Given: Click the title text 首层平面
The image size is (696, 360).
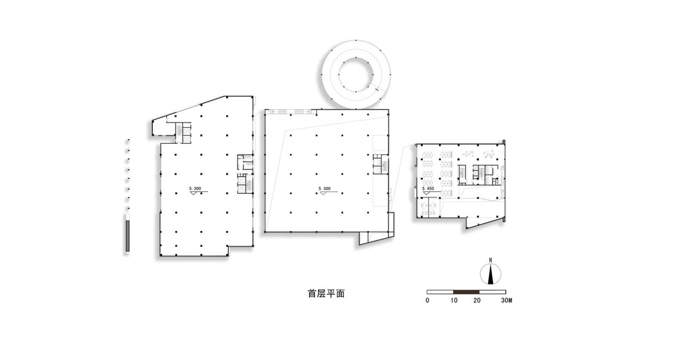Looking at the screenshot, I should point(326,294).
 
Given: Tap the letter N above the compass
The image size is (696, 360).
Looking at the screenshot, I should point(490,260).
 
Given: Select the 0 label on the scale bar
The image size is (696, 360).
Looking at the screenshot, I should point(427,300).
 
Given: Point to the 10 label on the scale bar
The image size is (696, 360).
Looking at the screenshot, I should point(454,300).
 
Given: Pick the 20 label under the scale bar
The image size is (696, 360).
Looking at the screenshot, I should point(477,300).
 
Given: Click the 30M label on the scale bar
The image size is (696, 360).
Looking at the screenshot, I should point(506,300).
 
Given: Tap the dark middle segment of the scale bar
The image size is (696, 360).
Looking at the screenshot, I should point(467,292).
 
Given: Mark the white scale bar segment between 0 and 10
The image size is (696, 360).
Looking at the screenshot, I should point(440,292).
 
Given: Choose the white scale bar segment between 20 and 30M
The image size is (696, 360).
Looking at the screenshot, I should point(493,292).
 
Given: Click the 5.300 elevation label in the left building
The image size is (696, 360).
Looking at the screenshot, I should point(195,188).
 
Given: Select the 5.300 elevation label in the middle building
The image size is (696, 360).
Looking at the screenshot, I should point(325,189).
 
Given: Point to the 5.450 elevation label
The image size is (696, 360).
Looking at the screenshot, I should point(428,188).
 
